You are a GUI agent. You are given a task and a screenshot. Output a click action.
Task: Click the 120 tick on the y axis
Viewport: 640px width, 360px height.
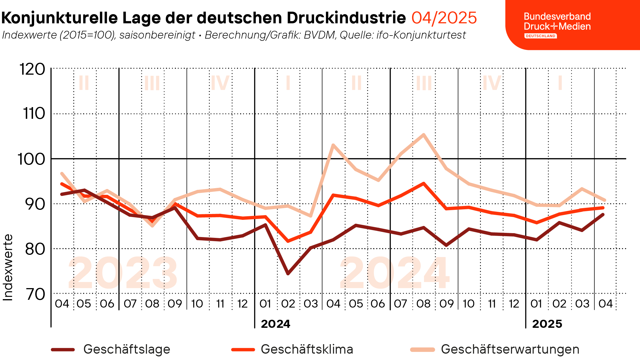tap(32, 69)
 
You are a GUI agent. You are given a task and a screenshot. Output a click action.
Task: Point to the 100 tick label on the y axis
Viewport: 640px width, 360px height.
tap(31, 159)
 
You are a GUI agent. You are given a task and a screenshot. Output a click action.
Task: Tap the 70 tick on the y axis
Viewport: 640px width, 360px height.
tap(36, 294)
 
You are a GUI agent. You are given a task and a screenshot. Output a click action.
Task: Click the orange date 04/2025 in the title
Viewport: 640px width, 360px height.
tap(444, 18)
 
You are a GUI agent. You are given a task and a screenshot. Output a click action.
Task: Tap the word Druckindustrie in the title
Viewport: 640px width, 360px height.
tap(346, 18)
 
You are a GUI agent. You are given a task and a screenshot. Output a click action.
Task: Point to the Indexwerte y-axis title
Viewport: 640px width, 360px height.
tap(8, 267)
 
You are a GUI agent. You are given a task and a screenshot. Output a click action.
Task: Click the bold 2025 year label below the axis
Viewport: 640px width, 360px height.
tap(547, 324)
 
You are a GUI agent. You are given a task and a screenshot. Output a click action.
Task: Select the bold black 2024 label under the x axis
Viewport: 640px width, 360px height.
tap(275, 324)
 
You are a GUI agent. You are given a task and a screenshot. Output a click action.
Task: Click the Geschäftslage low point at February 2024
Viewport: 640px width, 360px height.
tap(288, 274)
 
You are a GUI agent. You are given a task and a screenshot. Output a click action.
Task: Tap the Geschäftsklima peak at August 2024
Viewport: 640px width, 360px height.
tap(423, 183)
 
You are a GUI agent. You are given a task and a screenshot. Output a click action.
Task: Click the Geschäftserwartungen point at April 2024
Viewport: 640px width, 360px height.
tap(333, 145)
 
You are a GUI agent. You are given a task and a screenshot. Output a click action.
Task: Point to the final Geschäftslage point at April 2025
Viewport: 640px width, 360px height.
tap(603, 214)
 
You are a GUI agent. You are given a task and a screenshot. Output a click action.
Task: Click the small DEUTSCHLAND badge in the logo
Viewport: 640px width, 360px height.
tap(540, 36)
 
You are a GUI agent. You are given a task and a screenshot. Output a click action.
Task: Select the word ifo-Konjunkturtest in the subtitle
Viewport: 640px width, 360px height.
tap(421, 35)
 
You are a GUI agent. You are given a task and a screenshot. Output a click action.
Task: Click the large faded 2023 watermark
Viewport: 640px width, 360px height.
tap(123, 273)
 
